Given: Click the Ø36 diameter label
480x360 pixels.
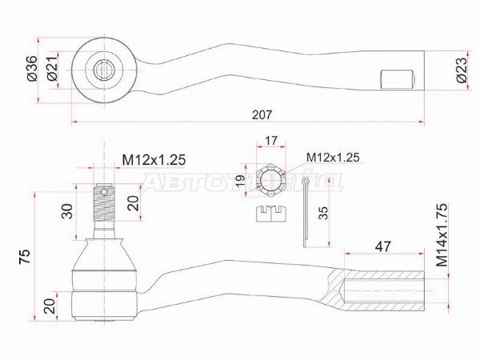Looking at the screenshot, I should point(31,70).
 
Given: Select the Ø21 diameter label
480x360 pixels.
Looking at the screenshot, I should point(50,70).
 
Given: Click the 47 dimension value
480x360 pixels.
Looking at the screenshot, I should point(383,247).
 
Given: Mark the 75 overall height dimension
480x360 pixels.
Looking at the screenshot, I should point(25,257).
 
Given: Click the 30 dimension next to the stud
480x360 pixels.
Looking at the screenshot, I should point(67,210).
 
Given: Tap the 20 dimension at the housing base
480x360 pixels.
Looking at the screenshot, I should point(50,305).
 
